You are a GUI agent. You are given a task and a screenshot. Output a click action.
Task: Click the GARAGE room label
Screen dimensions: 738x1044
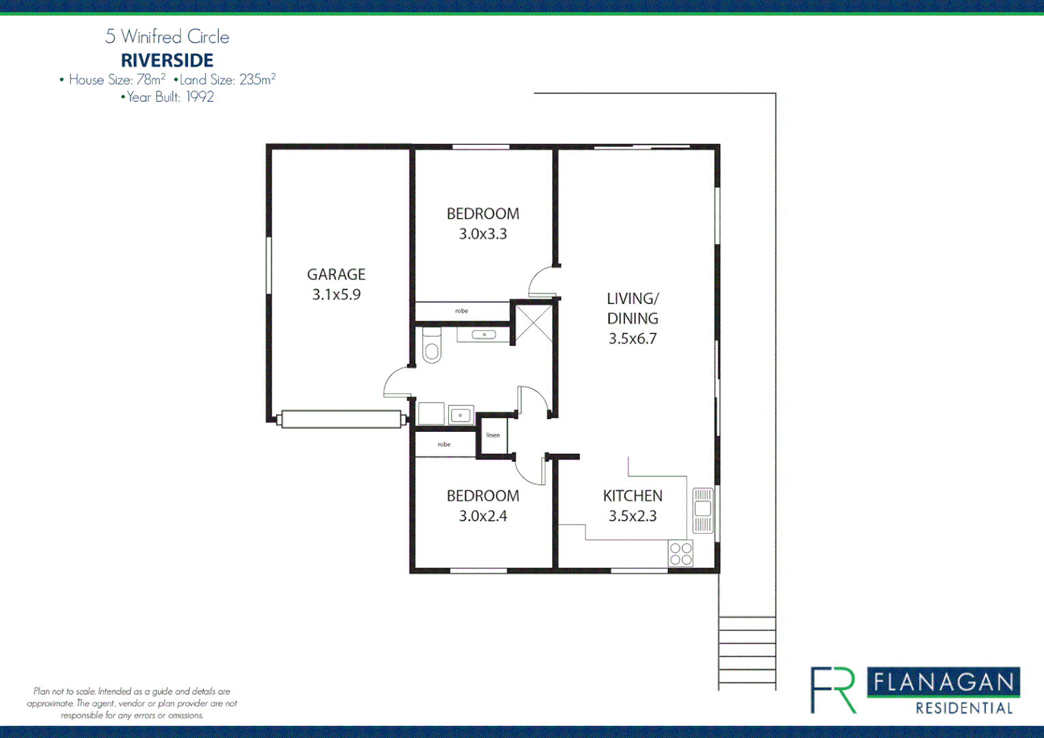pyautogui.click(x=336, y=275)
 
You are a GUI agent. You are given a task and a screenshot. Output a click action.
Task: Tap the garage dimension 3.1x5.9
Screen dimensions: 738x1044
pyautogui.click(x=336, y=295)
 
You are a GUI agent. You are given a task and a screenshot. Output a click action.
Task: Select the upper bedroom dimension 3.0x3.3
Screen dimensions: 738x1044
pyautogui.click(x=482, y=234)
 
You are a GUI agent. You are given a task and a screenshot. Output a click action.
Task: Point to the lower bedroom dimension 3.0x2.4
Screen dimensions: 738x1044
pyautogui.click(x=482, y=517)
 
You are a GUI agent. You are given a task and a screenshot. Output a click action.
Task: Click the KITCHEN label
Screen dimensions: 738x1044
pyautogui.click(x=632, y=496)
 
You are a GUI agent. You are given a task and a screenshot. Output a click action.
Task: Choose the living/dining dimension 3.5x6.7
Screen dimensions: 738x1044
pyautogui.click(x=632, y=339)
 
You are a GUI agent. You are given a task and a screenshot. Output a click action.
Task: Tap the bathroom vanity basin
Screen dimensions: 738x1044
pyautogui.click(x=484, y=335)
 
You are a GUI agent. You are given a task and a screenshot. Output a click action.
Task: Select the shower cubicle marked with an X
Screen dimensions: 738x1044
pyautogui.click(x=533, y=323)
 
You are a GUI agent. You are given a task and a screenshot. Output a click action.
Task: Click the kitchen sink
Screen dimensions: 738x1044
pyautogui.click(x=702, y=510)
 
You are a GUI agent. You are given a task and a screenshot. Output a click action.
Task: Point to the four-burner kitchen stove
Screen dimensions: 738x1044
pyautogui.click(x=681, y=553)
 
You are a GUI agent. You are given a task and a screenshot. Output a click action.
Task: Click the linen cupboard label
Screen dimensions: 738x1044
pyautogui.click(x=493, y=435)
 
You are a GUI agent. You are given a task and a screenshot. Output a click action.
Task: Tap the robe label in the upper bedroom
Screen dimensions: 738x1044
pyautogui.click(x=462, y=311)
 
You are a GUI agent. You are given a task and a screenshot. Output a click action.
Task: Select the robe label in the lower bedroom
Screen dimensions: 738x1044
pyautogui.click(x=444, y=445)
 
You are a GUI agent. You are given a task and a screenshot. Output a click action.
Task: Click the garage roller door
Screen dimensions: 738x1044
pyautogui.click(x=340, y=419)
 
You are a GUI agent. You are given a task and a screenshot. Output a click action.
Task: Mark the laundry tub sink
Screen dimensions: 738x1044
pyautogui.click(x=461, y=415)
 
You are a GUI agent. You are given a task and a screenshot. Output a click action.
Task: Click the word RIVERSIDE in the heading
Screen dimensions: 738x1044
pyautogui.click(x=167, y=60)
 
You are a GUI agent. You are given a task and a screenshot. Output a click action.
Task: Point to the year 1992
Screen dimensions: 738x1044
pyautogui.click(x=200, y=97)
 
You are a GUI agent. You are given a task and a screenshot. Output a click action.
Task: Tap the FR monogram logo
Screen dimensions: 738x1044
pyautogui.click(x=833, y=690)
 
